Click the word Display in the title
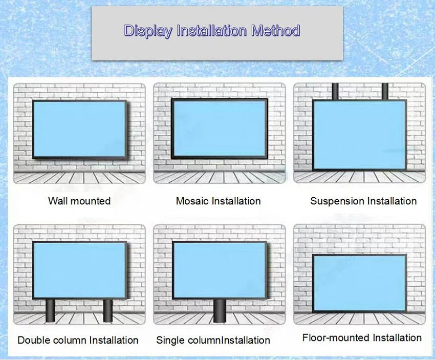tap(148, 31)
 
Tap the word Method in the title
tap(275, 31)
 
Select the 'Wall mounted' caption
tap(79, 201)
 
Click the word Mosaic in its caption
tap(192, 201)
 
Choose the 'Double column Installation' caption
tap(78, 340)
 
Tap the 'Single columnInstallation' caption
tap(213, 340)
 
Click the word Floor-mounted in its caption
tap(336, 338)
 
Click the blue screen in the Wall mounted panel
tap(79, 129)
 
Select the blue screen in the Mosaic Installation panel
tap(219, 129)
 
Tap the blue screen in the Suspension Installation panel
tap(359, 134)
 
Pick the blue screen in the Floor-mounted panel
tap(359, 282)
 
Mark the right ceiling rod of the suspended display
tap(384, 91)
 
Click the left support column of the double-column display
tap(50, 311)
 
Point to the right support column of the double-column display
tap(107, 311)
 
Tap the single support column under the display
tap(219, 311)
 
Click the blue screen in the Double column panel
tap(79, 270)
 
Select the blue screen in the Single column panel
tap(219, 270)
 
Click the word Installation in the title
tap(211, 31)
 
